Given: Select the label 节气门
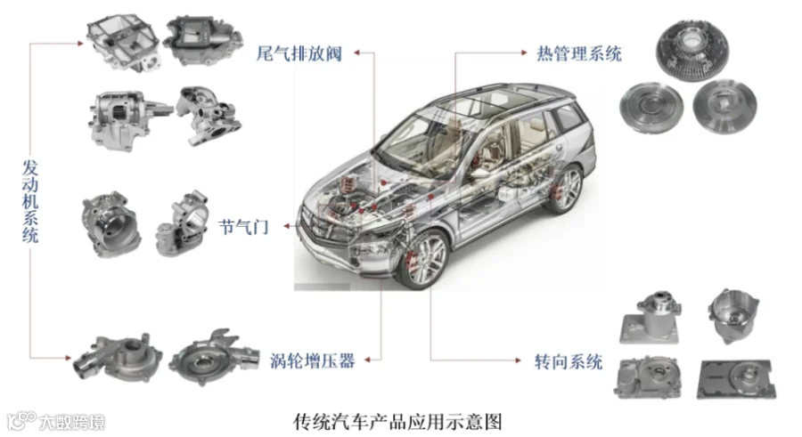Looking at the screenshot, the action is coord(243,226).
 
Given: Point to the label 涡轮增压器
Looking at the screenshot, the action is coord(312,360).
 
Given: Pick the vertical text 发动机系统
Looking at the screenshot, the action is coord(30,201).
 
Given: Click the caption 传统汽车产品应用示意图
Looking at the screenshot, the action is coord(403,418).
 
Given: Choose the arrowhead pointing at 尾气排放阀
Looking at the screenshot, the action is coord(356,53).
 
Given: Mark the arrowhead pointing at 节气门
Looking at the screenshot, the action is coord(287,227).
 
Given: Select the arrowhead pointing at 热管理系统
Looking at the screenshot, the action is coord(523,54).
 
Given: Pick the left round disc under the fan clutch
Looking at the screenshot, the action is coord(653,107).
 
